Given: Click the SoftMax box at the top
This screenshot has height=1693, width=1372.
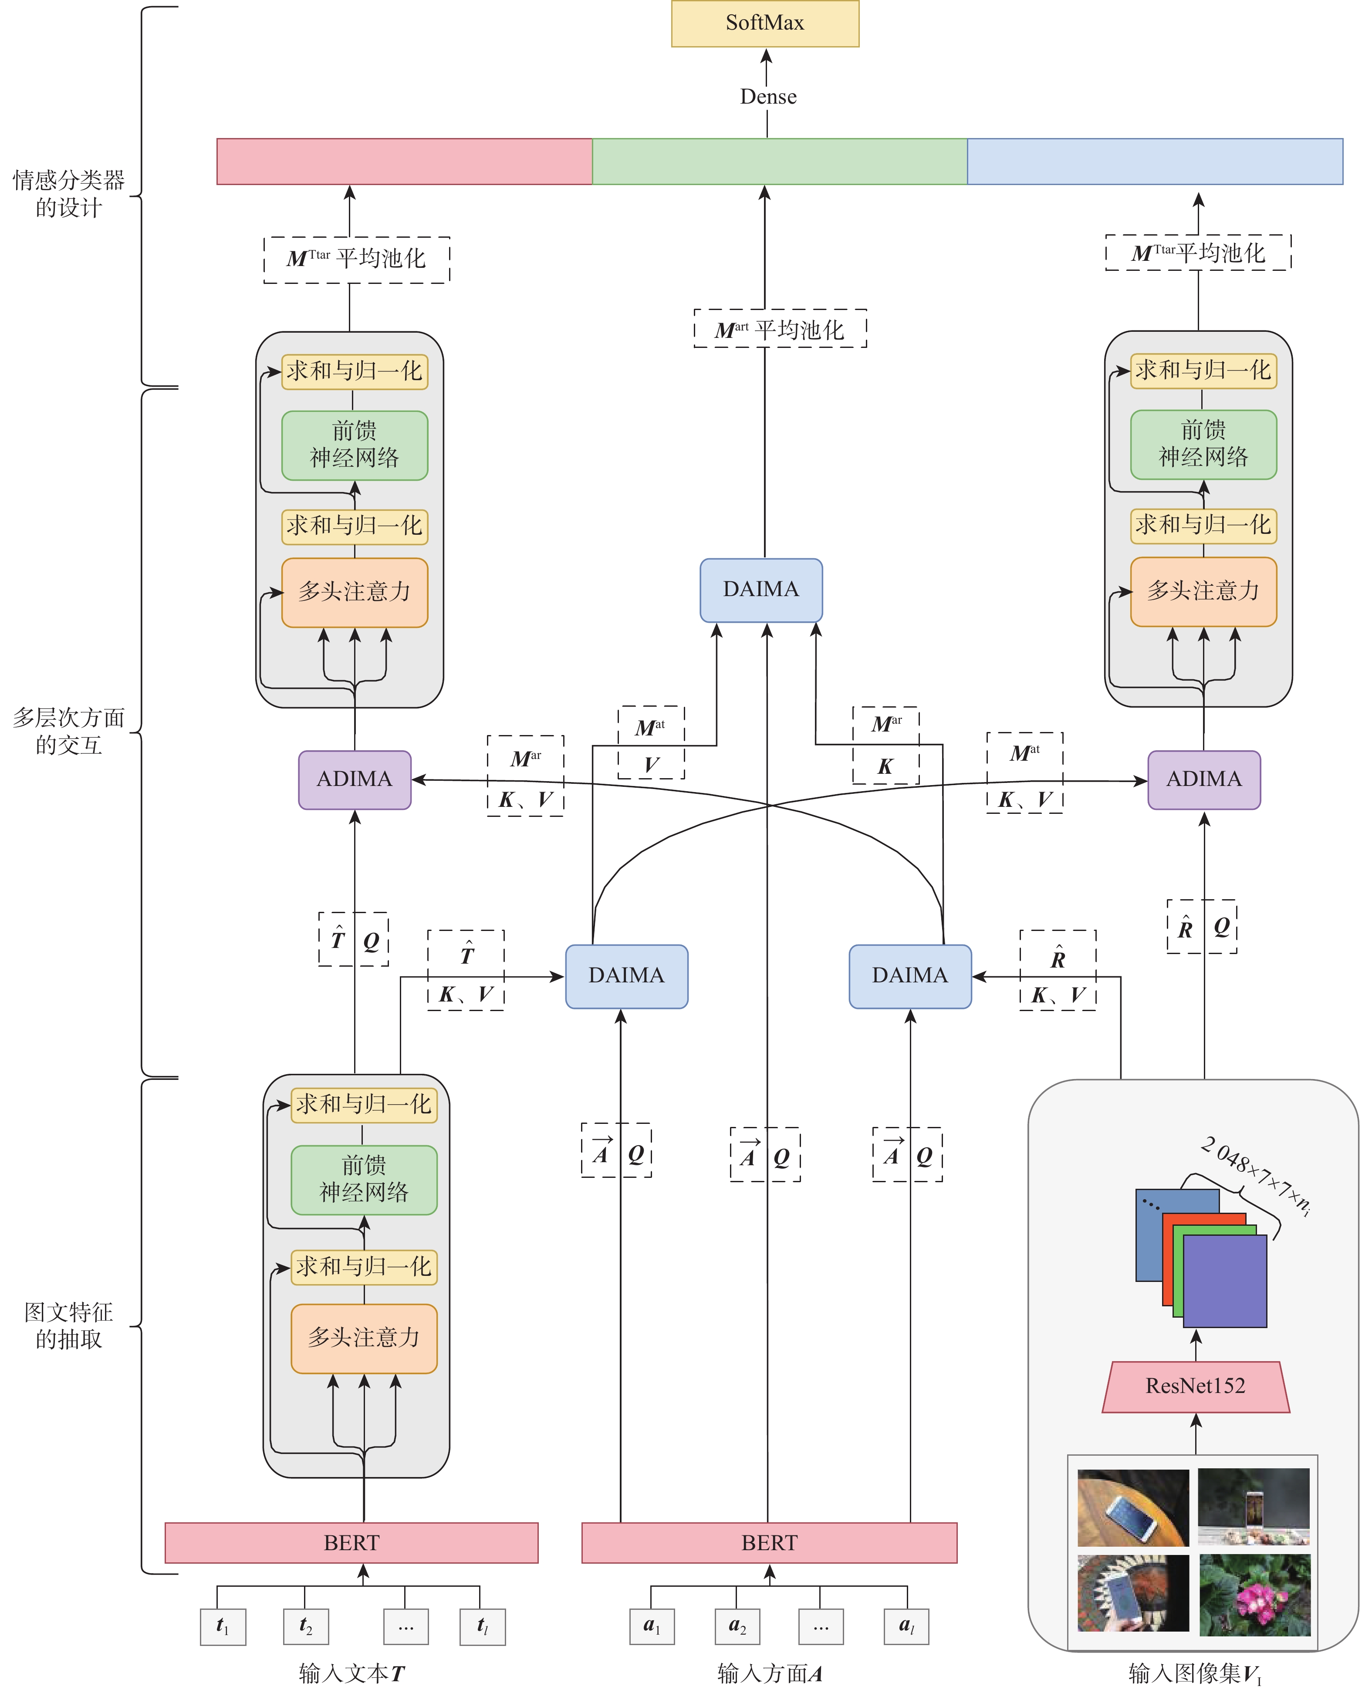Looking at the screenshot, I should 764,24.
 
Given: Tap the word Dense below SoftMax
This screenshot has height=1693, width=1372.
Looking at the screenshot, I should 767,96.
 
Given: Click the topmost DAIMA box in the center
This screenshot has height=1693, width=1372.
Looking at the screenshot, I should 760,589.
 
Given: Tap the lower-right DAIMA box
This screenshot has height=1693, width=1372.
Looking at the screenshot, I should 910,976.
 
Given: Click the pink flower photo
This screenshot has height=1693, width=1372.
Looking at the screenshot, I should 1254,1594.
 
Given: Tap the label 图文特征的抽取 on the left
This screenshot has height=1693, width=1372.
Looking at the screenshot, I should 69,1325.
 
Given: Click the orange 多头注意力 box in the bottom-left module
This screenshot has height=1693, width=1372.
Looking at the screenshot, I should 364,1338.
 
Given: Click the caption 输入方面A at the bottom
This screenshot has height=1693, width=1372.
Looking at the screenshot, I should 769,1673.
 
